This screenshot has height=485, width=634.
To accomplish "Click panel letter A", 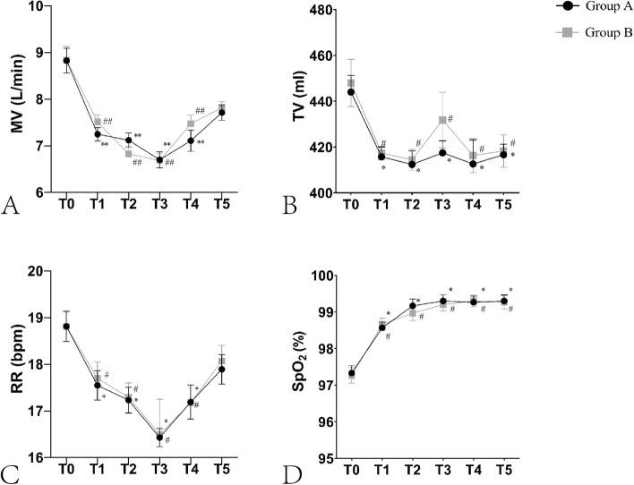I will tap(12, 206).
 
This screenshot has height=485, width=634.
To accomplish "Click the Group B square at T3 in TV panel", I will tap(441, 120).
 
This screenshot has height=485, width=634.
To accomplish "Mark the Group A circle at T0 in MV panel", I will tap(65, 61).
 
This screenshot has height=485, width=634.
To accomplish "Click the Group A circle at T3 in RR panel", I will tap(160, 438).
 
